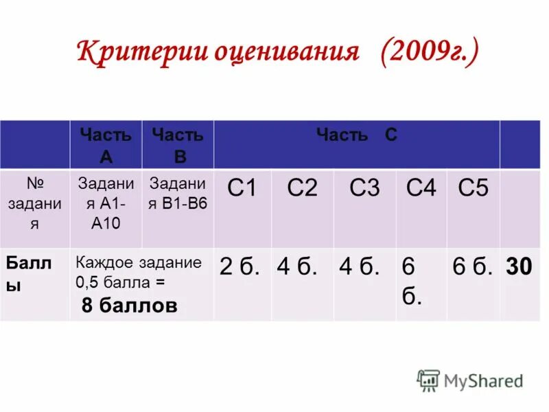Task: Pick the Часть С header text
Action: coord(356,135)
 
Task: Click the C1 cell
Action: coord(242,188)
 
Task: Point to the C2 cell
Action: coord(302,188)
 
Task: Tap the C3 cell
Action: coord(364,188)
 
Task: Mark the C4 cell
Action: coord(421,188)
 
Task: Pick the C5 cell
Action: coord(473,188)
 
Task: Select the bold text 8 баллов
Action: coord(129,306)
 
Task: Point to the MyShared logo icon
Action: coord(428,380)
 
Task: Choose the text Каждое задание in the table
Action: coord(139,262)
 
